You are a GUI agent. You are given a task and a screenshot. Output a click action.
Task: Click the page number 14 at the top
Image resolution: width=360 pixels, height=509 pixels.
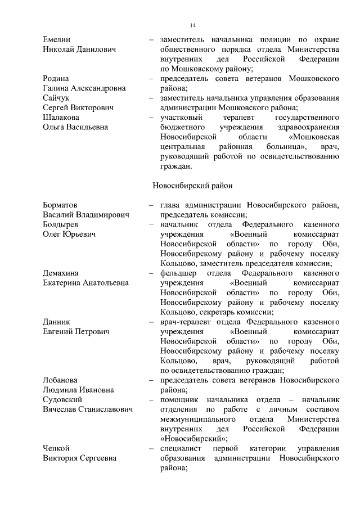[192, 25]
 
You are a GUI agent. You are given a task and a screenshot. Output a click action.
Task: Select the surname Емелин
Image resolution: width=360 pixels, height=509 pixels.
[57, 40]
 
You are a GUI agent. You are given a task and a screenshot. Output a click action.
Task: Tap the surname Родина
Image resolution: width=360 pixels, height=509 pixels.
[57, 78]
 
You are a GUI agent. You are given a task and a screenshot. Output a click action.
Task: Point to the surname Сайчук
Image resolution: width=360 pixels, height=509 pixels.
[57, 98]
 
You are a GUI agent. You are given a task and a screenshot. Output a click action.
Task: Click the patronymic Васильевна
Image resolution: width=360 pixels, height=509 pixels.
[88, 127]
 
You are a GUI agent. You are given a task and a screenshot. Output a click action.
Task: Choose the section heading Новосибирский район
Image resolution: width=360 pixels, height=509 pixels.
[192, 184]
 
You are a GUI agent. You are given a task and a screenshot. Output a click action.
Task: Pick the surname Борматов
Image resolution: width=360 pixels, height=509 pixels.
[61, 205]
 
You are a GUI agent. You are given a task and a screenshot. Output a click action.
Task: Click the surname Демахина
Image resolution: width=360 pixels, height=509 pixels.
[62, 273]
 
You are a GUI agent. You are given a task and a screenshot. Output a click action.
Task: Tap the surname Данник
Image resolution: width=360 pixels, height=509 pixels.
[57, 322]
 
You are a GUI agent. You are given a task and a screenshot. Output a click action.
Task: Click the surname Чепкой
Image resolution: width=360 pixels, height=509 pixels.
[56, 448]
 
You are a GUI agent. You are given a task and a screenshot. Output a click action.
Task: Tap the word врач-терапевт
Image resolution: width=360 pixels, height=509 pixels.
[185, 322]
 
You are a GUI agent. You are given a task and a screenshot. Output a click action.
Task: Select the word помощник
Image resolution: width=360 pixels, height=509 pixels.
[181, 399]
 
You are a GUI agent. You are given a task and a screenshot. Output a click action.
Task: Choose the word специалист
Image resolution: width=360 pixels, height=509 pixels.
[182, 448]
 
